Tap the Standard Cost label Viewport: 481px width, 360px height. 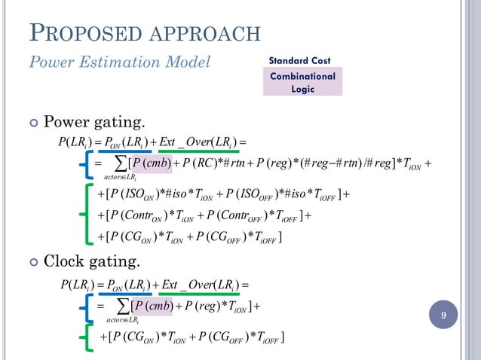click(300, 60)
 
